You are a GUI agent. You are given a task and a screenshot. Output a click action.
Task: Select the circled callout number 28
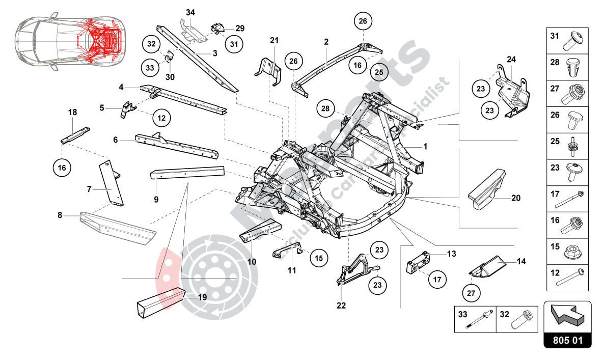coord(326,108)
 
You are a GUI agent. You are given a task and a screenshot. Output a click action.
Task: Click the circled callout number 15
coord(318,258)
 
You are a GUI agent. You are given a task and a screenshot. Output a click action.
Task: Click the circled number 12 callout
coord(161,118)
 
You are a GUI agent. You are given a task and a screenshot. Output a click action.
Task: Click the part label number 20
coord(515,198)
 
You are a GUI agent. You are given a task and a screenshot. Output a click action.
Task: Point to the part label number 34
coord(190,12)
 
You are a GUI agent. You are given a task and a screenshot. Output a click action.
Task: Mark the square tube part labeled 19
coord(159,303)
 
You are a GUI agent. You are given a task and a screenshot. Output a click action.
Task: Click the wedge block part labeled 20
coord(487,187)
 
